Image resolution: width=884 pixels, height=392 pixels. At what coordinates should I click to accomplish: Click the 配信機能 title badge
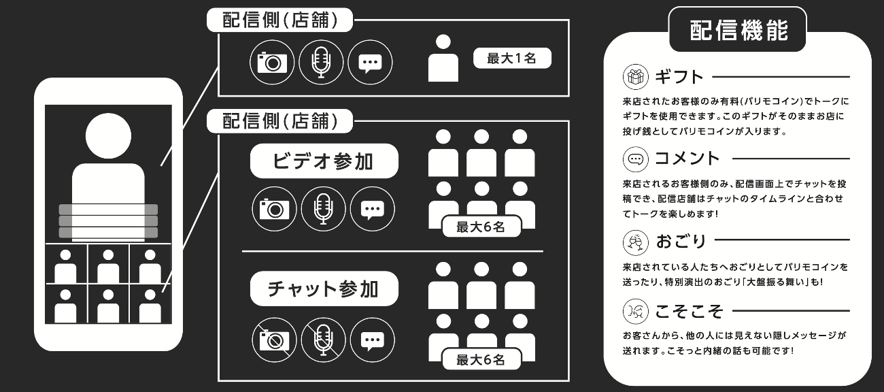738,30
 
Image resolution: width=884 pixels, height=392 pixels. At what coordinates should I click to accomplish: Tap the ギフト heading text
679,77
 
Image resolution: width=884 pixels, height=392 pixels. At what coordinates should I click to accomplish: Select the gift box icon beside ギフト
635,77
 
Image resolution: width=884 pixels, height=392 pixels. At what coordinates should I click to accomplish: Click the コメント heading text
687,159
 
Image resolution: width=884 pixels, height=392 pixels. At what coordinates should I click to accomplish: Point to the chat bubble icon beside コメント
635,159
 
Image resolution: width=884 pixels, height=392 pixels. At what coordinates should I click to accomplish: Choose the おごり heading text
681,241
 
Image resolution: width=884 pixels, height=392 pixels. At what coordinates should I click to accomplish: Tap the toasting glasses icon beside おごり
635,242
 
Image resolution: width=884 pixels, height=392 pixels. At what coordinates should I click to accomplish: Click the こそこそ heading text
689,312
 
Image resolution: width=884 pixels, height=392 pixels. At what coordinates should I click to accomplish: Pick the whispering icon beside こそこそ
635,312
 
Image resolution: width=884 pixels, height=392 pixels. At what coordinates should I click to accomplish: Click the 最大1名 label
512,59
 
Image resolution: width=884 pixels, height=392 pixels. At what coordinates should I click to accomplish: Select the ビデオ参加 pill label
324,161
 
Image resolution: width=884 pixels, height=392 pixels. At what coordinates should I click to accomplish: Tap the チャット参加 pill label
324,289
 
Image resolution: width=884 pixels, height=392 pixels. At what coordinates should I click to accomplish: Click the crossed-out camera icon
274,340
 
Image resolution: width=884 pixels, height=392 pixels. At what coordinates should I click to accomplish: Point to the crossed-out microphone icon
323,340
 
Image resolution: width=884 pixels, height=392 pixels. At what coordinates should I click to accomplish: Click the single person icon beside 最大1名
443,58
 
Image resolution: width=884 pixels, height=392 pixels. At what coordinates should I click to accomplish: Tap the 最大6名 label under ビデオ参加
481,227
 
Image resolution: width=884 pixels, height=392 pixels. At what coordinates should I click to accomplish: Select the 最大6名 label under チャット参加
481,359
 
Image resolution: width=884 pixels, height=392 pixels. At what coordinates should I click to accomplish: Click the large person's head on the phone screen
108,135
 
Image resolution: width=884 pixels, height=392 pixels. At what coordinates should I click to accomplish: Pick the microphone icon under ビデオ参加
323,209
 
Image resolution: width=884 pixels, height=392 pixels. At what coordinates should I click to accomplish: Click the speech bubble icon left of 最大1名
370,63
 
